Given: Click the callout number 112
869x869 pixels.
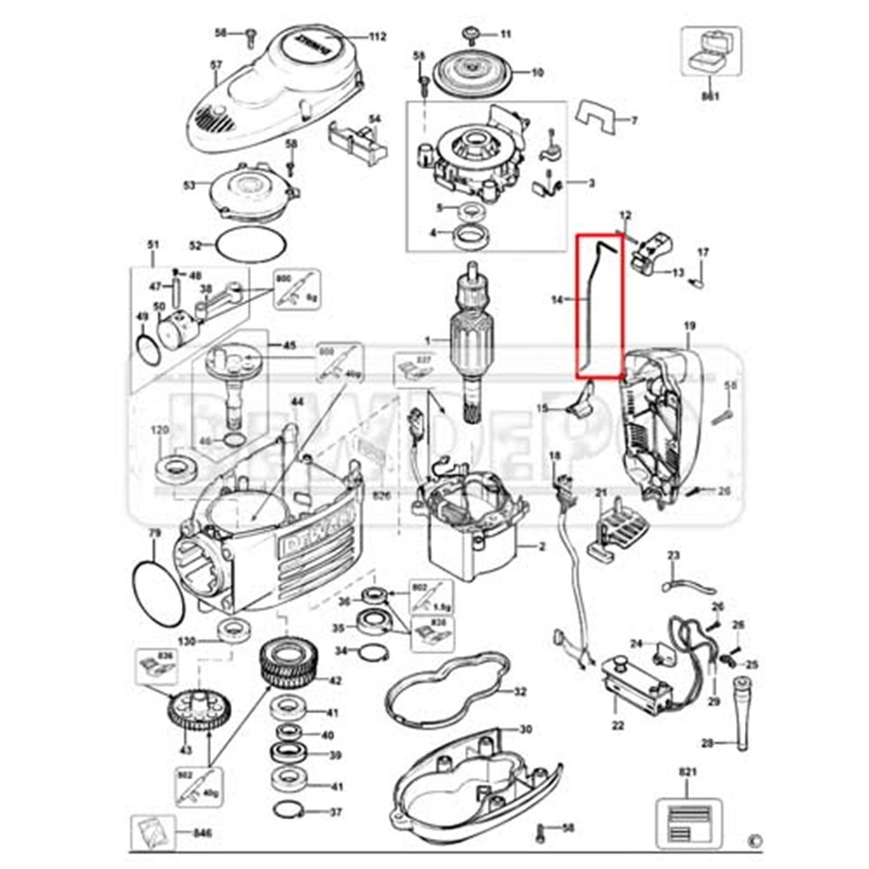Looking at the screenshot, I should [377, 37].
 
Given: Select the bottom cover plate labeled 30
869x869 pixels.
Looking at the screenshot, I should [471, 778].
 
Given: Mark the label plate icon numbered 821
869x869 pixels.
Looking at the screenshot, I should [689, 814].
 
